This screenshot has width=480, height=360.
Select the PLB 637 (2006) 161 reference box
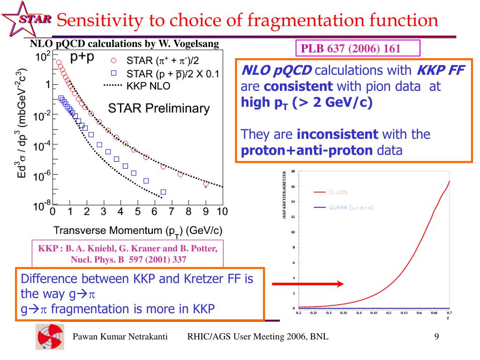click(x=358, y=48)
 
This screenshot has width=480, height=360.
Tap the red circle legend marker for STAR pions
click(x=113, y=60)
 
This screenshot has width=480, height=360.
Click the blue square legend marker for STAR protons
click(x=113, y=73)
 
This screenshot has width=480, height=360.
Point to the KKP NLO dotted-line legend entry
click(x=136, y=86)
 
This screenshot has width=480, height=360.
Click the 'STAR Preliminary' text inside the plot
click(x=159, y=108)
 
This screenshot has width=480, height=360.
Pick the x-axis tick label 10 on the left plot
click(x=222, y=211)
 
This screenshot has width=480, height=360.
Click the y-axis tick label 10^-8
click(x=43, y=206)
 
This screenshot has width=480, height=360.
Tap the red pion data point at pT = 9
click(x=206, y=183)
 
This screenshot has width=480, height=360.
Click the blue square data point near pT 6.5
click(x=163, y=192)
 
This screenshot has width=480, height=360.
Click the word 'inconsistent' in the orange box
click(x=337, y=135)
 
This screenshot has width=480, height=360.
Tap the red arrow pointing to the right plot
click(x=307, y=284)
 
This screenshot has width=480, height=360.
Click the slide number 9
click(x=436, y=337)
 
